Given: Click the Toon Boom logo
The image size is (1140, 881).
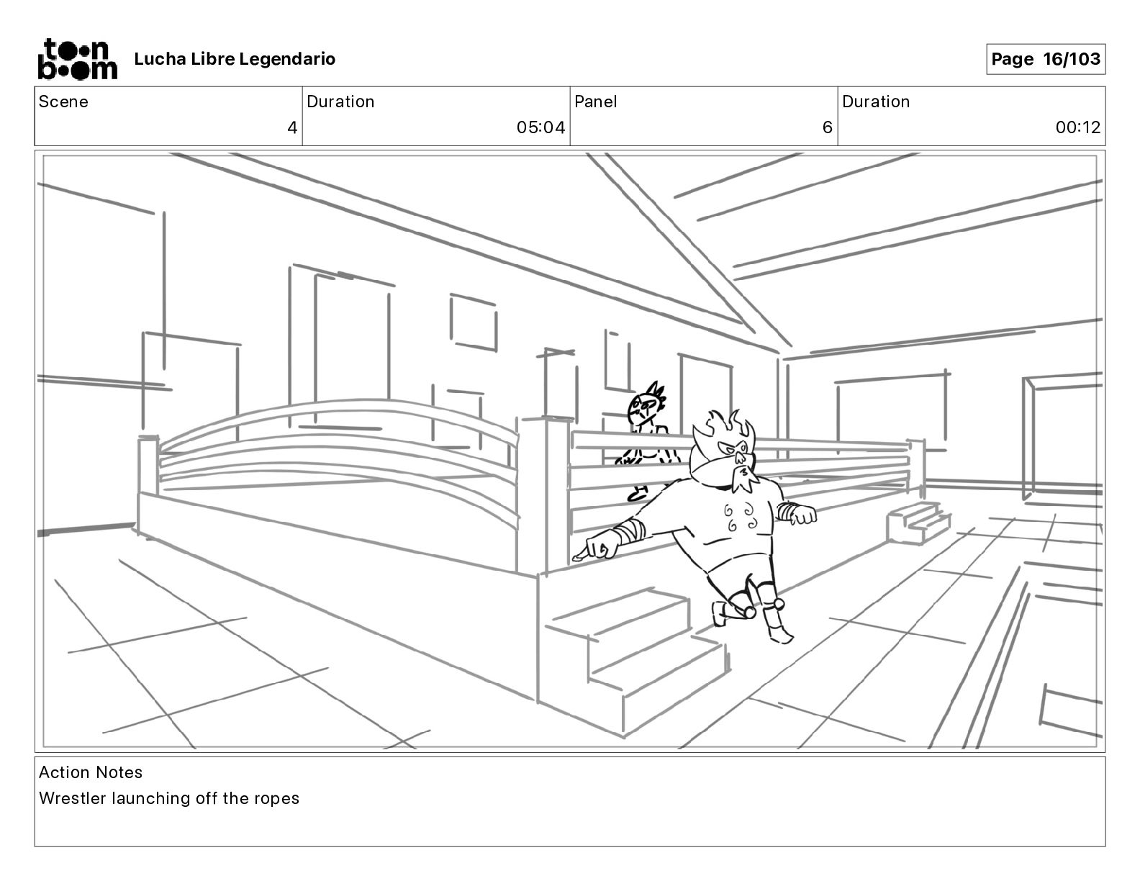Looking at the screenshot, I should tap(76, 59).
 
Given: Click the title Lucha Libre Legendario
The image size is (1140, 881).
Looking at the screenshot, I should tap(235, 59).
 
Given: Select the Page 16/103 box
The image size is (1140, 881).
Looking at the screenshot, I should tap(1045, 59).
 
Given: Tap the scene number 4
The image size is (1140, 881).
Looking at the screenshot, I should tap(291, 128).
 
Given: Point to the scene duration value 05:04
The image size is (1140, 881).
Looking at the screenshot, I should tap(540, 128).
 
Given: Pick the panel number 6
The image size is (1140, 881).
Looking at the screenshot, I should tap(827, 128).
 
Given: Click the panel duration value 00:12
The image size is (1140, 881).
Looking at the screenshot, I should tap(1077, 128).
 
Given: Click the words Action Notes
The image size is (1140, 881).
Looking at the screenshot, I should tap(91, 772).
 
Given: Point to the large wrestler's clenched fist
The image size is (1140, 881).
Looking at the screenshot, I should tap(804, 515).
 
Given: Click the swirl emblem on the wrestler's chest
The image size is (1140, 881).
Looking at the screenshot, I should tap(739, 517).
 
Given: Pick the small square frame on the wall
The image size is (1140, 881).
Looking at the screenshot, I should tap(474, 322).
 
